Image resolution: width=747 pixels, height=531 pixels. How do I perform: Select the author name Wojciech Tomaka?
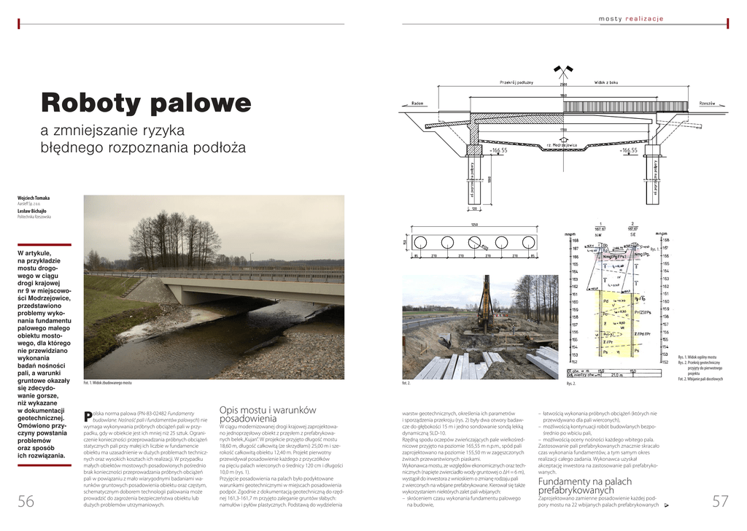point(34,198)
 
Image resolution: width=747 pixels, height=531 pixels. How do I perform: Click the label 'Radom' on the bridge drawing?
point(417,104)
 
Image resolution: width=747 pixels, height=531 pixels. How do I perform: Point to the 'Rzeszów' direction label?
point(707,104)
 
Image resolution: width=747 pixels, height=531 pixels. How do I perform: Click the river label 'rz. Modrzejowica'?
point(562,144)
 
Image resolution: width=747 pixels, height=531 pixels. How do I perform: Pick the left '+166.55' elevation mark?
point(498,150)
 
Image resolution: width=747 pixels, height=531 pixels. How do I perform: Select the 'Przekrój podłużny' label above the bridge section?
point(517,82)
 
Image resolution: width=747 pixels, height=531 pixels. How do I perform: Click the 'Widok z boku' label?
point(606,82)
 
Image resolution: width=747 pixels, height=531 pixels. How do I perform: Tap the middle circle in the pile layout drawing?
point(474,242)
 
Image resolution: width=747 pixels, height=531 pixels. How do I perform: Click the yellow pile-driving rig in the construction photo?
point(484,306)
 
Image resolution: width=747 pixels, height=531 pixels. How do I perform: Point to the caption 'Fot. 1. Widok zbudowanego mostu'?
point(107,383)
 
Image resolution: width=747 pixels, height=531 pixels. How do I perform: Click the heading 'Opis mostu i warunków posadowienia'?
point(267,414)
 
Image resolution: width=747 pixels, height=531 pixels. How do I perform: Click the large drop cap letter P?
point(88,416)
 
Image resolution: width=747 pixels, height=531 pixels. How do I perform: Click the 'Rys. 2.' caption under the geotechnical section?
point(571,383)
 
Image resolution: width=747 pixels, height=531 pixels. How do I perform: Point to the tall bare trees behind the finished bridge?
point(175,237)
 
